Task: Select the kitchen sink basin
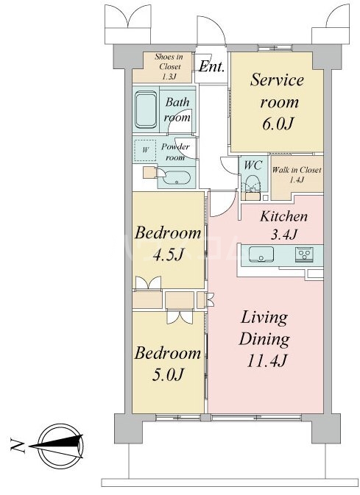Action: (261, 254)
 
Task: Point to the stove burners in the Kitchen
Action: (304, 254)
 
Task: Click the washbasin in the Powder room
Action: (176, 178)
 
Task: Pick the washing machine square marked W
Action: (145, 150)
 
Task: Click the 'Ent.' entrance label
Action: (211, 66)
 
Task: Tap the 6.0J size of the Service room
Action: (278, 124)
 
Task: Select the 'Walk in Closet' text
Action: (297, 170)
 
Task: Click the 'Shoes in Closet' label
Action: (169, 62)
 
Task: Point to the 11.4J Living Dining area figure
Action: (266, 360)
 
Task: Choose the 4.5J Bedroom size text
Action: (168, 254)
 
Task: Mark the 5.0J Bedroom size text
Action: (168, 374)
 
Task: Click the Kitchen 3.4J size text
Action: (283, 234)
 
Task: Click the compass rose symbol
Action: (60, 446)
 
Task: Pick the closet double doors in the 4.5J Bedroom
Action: (148, 282)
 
